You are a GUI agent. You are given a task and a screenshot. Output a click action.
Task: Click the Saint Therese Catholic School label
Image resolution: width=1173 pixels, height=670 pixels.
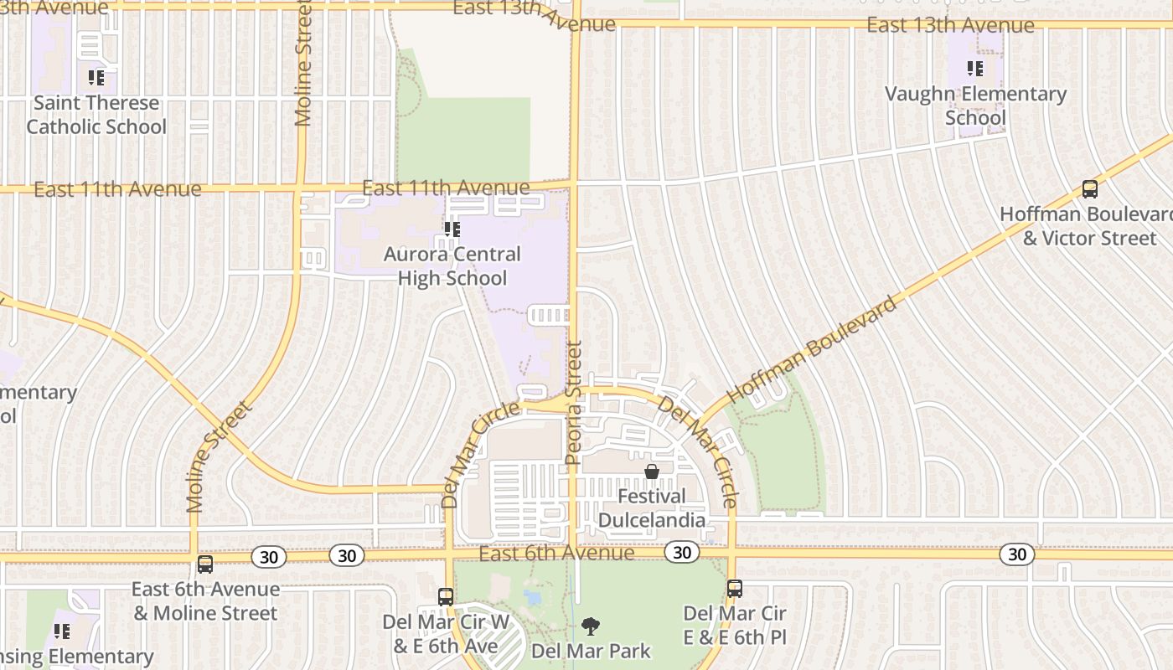point(96,115)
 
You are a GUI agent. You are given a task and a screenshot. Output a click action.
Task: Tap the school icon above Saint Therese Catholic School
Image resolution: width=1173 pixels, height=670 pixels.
point(96,78)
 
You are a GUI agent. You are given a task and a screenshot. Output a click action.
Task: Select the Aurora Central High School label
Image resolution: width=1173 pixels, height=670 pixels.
point(452,265)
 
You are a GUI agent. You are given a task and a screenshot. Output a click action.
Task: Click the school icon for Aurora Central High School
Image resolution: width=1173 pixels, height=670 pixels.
point(452,229)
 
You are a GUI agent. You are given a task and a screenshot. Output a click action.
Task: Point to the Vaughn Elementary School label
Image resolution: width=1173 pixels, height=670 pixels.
point(976,106)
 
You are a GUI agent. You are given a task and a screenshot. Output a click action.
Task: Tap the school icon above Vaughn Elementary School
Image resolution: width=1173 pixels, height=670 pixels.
point(975,68)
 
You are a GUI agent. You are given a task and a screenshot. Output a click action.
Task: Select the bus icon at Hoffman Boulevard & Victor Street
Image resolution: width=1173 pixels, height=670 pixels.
point(1090,189)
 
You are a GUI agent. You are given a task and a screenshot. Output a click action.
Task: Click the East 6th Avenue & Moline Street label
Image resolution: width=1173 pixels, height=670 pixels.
point(205,600)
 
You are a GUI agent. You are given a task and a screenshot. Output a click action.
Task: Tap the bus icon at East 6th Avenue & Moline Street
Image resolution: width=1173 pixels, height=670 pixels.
point(205,564)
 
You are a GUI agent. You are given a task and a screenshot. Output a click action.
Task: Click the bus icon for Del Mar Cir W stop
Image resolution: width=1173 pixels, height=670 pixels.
point(446,596)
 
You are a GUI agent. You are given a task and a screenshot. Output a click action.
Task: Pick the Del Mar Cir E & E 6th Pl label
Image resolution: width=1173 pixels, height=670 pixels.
point(735,625)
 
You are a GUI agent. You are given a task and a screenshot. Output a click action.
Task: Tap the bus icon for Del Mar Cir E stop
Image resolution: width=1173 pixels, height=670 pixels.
point(735,588)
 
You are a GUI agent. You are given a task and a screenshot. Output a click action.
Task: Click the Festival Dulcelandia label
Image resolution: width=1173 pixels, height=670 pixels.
point(652,508)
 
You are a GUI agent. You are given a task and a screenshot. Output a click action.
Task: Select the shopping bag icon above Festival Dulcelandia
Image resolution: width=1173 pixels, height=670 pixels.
point(652,472)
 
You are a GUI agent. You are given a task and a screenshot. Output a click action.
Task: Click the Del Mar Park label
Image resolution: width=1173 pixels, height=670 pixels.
point(592,650)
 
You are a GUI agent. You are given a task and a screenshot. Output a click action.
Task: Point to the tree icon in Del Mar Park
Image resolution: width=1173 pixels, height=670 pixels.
point(591,626)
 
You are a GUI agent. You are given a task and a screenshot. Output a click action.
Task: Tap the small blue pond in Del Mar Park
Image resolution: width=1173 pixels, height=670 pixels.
point(532,598)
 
